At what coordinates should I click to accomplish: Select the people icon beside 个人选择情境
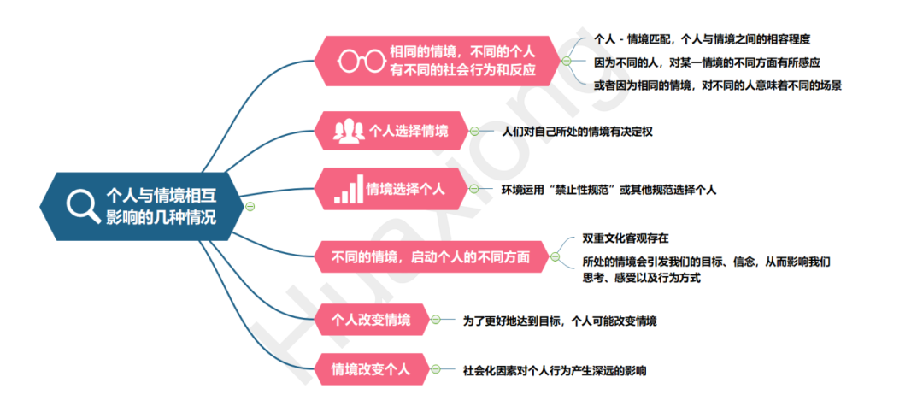349,132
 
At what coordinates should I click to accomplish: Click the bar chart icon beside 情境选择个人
347,190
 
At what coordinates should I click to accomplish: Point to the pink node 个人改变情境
371,320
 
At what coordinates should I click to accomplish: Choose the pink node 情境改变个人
371,369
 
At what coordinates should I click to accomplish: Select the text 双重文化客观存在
626,238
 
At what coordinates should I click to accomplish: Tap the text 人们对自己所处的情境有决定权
578,132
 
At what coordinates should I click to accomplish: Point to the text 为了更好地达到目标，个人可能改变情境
560,321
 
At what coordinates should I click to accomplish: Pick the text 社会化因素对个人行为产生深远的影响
554,370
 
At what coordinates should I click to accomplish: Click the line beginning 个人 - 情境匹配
702,39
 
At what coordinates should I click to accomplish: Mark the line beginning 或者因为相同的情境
719,85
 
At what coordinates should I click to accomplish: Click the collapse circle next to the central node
250,206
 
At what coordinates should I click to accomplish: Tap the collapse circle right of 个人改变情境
436,320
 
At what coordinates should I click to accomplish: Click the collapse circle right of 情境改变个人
436,369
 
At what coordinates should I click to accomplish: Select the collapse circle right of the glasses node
566,62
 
